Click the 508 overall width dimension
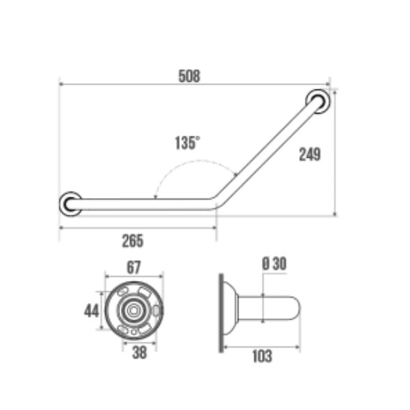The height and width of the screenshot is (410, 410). [x=189, y=76]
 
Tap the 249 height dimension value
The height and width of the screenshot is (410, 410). [x=310, y=154]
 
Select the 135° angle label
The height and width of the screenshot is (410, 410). [x=187, y=143]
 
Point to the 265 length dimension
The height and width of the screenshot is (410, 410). [x=133, y=241]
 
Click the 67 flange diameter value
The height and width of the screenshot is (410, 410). [x=134, y=267]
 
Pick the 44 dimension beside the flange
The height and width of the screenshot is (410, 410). [x=92, y=311]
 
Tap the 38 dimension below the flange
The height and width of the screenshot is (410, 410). [x=139, y=352]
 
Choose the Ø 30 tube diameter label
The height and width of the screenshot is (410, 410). [x=274, y=264]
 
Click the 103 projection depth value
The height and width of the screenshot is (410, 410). [x=262, y=356]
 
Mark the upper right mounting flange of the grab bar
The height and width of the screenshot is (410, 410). [x=318, y=101]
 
